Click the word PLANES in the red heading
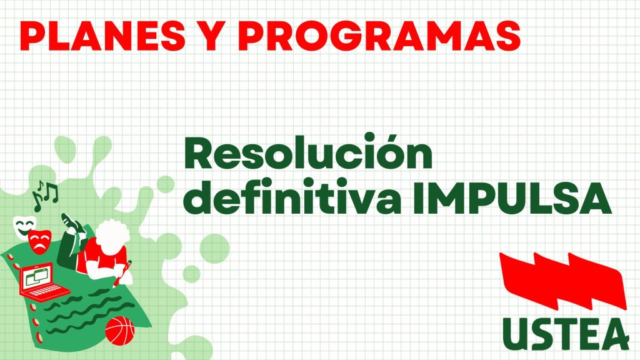102,36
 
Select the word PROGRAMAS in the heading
379,36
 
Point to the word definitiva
292,197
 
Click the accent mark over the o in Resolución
387,136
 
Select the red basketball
119,331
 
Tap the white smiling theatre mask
24,227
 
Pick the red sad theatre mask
39,242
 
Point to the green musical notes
45,196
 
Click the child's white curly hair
112,235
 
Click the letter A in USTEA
616,334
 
